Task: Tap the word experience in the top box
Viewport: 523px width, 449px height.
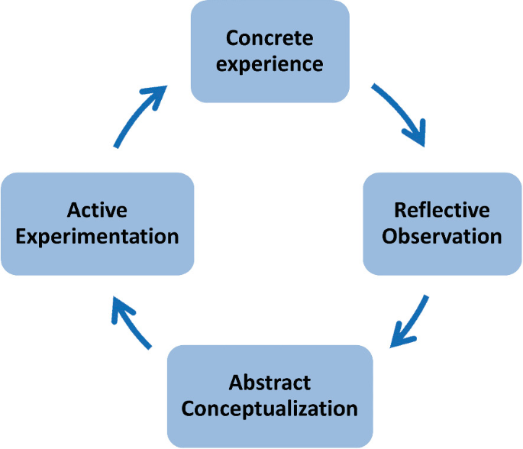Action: click(x=270, y=63)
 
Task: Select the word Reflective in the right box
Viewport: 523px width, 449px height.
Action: click(x=441, y=210)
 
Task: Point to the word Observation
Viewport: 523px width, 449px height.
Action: click(x=441, y=235)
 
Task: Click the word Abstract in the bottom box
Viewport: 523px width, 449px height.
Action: click(x=270, y=383)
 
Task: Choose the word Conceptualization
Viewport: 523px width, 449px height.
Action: click(x=270, y=408)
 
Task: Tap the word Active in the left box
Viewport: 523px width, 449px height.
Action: click(x=97, y=210)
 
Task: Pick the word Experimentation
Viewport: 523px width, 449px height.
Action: click(x=97, y=235)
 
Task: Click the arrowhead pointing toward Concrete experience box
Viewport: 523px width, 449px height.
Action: click(x=157, y=95)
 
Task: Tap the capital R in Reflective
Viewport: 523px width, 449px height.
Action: click(x=399, y=210)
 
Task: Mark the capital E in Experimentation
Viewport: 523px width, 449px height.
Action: click(x=21, y=235)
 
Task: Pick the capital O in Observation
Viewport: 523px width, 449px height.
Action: click(x=390, y=235)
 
